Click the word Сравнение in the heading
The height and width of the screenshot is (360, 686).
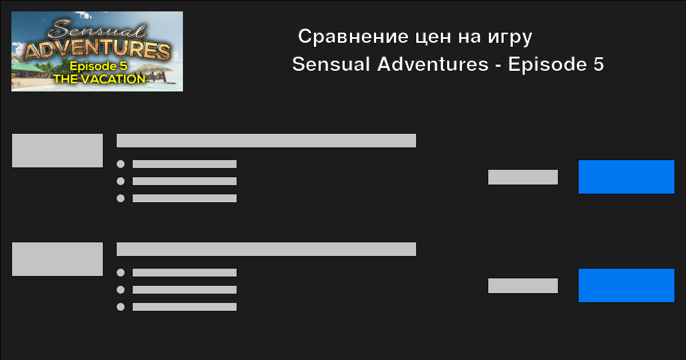[353, 37]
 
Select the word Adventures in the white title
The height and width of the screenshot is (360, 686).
[432, 64]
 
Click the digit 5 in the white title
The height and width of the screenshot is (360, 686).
[599, 64]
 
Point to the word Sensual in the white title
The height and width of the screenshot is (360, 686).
[331, 64]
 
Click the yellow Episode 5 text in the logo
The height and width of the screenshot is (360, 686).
[98, 66]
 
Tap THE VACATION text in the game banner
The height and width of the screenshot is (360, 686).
[99, 79]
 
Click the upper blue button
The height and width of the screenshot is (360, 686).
[627, 177]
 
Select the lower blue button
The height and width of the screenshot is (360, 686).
[627, 285]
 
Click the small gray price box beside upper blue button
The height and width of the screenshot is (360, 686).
[523, 177]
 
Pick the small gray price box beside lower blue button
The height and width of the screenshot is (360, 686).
[523, 286]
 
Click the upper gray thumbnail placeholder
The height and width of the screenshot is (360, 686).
[57, 150]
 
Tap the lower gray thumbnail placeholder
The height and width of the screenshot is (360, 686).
[57, 259]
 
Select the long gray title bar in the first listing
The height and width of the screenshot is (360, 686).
[266, 141]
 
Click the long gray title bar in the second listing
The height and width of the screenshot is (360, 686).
[266, 249]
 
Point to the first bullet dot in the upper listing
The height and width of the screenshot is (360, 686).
[121, 164]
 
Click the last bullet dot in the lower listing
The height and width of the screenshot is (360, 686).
[121, 307]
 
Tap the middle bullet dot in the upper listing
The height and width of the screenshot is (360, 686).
[121, 181]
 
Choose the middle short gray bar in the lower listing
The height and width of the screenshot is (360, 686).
[184, 290]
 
